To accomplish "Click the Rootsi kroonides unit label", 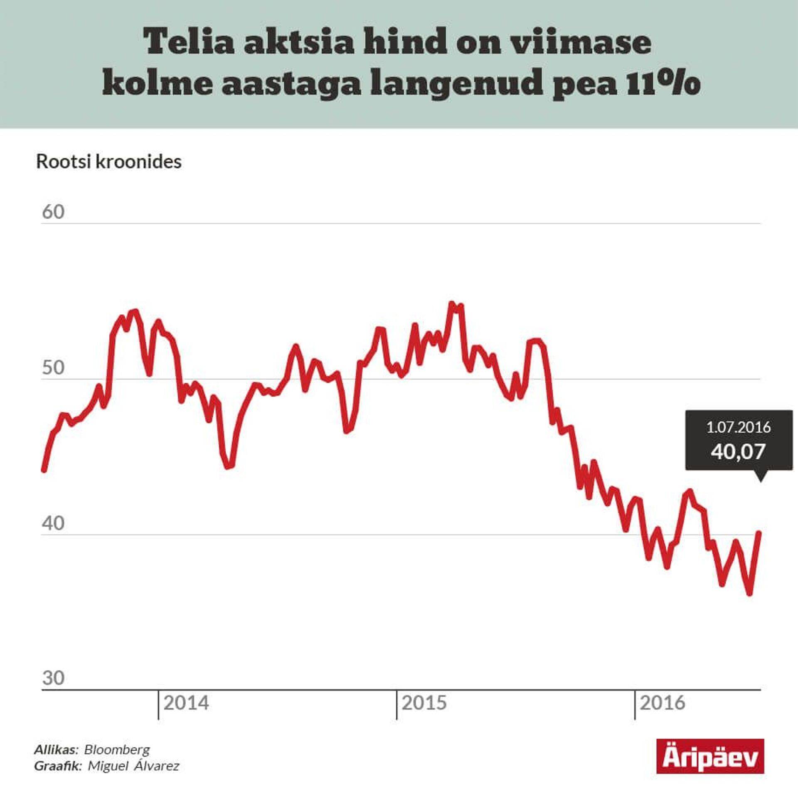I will click(109, 162).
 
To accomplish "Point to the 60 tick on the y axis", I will click(53, 212).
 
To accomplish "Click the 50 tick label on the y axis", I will click(53, 368).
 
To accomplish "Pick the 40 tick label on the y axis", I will click(53, 524).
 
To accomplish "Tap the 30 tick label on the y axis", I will click(53, 678).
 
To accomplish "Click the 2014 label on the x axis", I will click(186, 703).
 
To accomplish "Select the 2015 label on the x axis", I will click(424, 703).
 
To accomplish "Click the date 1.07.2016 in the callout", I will click(739, 427).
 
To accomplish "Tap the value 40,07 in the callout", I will click(738, 451).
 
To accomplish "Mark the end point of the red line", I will click(759, 533).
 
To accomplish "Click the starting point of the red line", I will click(44, 470).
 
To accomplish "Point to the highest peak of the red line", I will click(452, 304).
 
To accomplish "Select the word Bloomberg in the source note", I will click(117, 750).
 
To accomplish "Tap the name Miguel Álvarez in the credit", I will click(133, 766).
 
